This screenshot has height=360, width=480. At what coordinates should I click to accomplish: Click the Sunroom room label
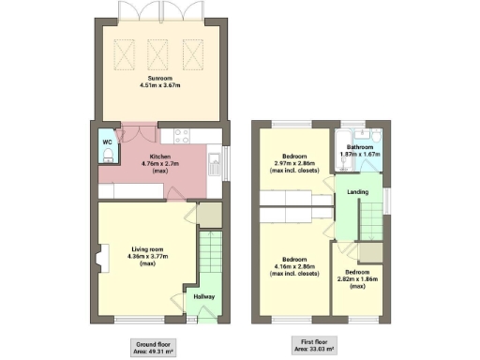coord(159,77)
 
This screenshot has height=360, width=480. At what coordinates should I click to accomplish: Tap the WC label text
coord(107,142)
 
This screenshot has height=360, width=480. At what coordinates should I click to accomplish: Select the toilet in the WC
coord(109,155)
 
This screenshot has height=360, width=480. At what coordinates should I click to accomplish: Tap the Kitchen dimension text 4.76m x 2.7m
coord(160,166)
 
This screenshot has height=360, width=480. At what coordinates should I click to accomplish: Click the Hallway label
coord(204,297)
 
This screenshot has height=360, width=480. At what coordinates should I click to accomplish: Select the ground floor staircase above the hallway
coord(208,257)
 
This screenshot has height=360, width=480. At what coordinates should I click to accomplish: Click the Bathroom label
coord(359,147)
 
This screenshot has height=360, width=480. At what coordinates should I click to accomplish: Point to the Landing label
coord(357,192)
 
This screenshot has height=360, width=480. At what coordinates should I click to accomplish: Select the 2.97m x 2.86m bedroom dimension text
coord(293,166)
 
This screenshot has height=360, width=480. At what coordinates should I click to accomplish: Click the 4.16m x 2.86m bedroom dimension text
coord(293,265)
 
